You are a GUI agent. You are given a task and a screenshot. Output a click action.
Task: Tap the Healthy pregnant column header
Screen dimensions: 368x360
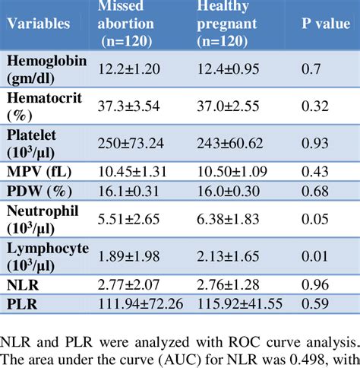235,24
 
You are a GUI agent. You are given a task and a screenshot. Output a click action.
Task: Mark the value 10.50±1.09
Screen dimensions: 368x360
235,171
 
